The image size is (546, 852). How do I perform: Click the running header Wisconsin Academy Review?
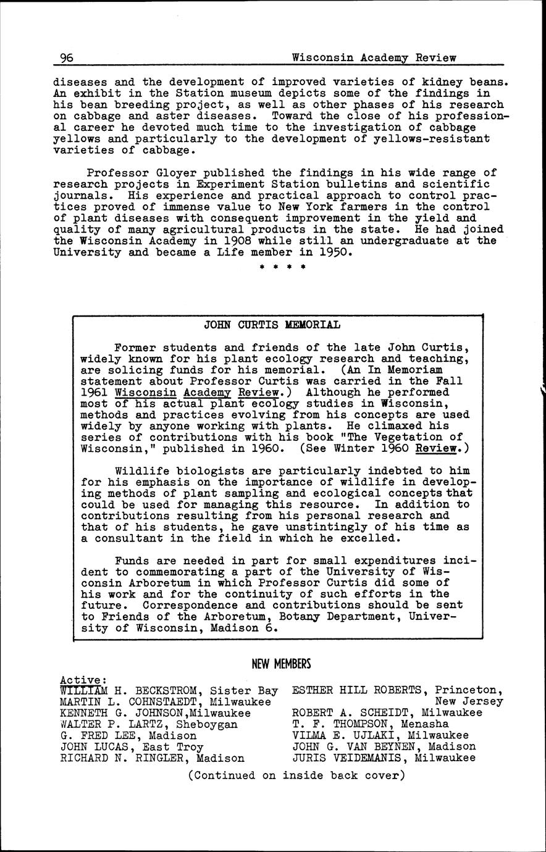(x=374, y=58)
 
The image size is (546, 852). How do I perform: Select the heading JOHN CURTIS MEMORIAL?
(x=272, y=325)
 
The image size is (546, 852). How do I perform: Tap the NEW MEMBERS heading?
(x=281, y=664)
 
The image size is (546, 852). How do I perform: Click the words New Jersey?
(x=469, y=702)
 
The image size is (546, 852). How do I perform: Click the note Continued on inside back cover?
(x=296, y=775)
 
